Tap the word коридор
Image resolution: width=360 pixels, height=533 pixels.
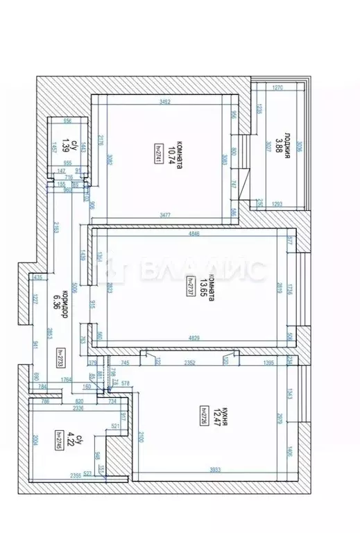tap(64, 303)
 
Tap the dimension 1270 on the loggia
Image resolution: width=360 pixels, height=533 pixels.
tap(278, 88)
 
